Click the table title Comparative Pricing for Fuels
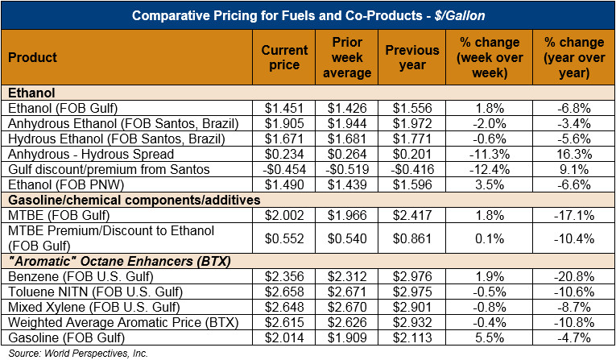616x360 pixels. pyautogui.click(x=308, y=16)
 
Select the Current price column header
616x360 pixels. pyautogui.click(x=284, y=57)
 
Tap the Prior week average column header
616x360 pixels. pyautogui.click(x=351, y=57)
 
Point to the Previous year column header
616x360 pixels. pyautogui.click(x=417, y=57)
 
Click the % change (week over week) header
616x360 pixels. pyautogui.click(x=489, y=57)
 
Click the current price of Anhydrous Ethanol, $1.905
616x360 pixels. pyautogui.click(x=284, y=123)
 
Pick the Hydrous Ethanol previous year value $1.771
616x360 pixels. pyautogui.click(x=417, y=139)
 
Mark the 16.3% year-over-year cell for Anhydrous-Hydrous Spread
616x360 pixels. pyautogui.click(x=573, y=154)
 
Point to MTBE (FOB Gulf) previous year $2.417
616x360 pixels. pyautogui.click(x=417, y=215)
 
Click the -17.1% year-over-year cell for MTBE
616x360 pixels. pyautogui.click(x=573, y=215)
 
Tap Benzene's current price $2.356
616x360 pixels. pyautogui.click(x=284, y=277)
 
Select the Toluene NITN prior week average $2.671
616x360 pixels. pyautogui.click(x=351, y=292)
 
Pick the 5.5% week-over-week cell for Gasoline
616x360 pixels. pyautogui.click(x=489, y=338)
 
